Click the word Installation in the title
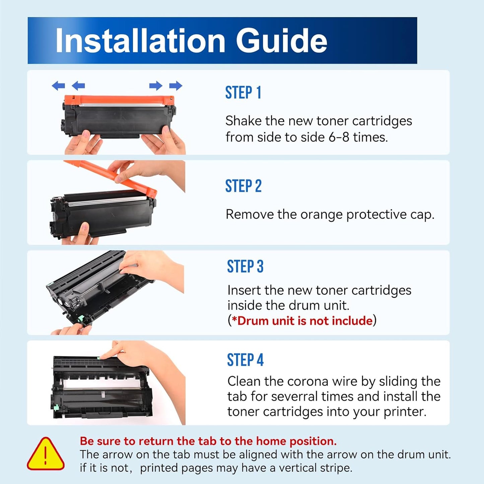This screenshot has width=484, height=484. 140,41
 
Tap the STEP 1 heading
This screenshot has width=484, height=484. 243,93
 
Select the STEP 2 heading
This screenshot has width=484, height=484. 243,186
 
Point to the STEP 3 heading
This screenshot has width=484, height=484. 245,267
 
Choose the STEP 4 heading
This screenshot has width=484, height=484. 245,360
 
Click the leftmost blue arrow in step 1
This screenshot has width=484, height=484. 58,86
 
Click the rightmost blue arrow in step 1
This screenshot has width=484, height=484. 176,86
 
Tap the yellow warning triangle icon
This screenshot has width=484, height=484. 45,454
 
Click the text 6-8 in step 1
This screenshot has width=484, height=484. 339,137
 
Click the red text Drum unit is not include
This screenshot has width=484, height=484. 302,321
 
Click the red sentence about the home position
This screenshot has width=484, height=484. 208,441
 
